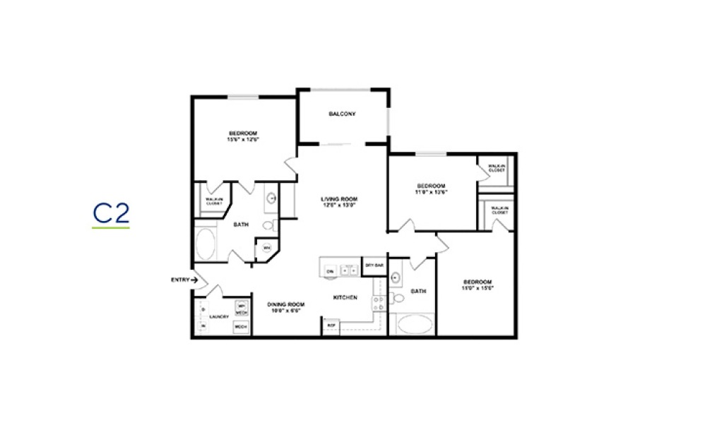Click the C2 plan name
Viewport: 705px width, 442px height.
(x=112, y=213)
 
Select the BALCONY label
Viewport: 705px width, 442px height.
(x=342, y=114)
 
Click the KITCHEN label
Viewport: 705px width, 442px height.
(x=345, y=297)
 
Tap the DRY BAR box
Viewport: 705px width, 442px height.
(x=374, y=266)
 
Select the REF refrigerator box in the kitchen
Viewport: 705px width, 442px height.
(x=331, y=325)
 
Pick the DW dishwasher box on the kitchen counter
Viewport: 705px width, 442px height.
(x=330, y=270)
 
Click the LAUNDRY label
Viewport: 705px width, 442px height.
(x=219, y=316)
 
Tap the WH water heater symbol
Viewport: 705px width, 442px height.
(x=267, y=248)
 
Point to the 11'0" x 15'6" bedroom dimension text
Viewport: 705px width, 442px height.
(x=477, y=288)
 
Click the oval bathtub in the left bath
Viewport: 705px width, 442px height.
(x=206, y=241)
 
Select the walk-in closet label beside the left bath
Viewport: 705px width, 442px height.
(x=214, y=201)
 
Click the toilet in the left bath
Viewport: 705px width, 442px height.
(x=267, y=226)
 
